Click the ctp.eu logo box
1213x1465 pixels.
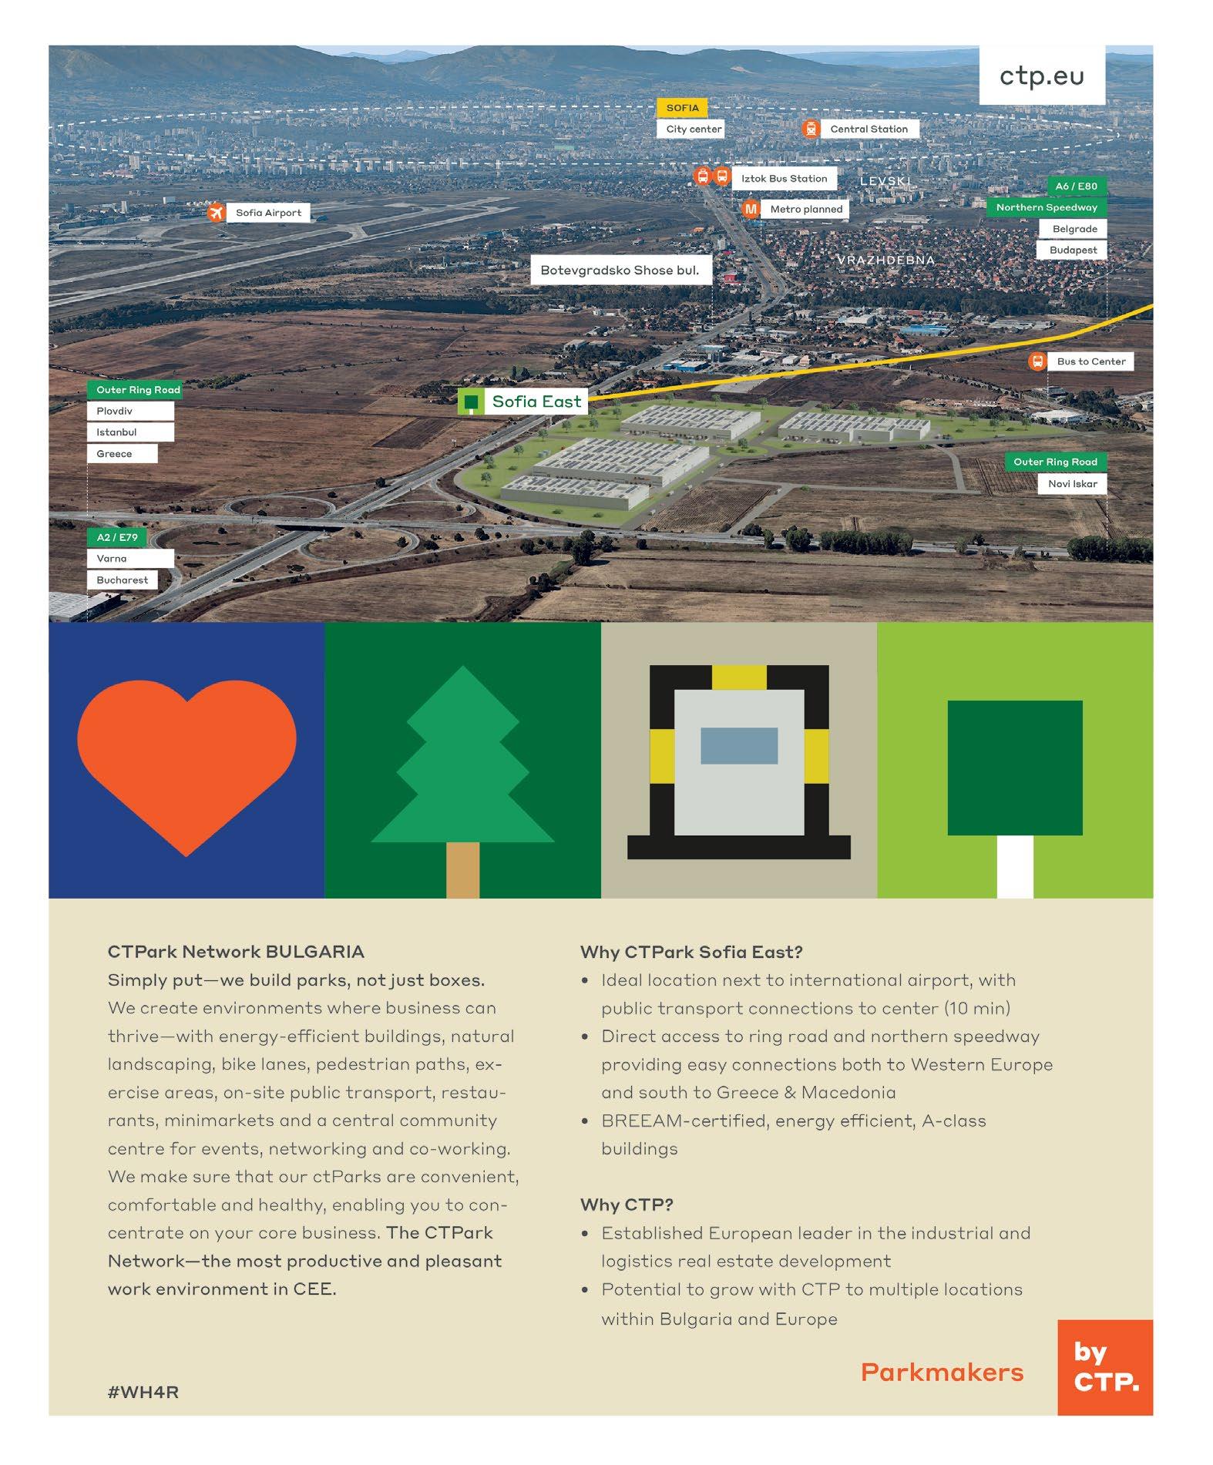pyautogui.click(x=1041, y=76)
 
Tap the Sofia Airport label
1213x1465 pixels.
pyautogui.click(x=268, y=213)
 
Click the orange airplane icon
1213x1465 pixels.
pyautogui.click(x=217, y=213)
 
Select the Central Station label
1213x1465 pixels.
pyautogui.click(x=869, y=129)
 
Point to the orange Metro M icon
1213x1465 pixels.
pyautogui.click(x=750, y=209)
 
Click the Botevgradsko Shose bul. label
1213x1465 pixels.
pyautogui.click(x=620, y=270)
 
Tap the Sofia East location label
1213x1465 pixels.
pyautogui.click(x=536, y=402)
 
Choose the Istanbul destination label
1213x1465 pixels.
pyautogui.click(x=129, y=432)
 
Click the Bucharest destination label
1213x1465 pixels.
pyautogui.click(x=123, y=580)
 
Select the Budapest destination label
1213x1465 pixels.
pyautogui.click(x=1073, y=250)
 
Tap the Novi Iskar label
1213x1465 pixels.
pyautogui.click(x=1072, y=484)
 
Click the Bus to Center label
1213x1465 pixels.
pyautogui.click(x=1090, y=361)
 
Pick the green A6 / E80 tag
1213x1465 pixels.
pyautogui.click(x=1076, y=186)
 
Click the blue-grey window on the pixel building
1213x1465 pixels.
pyautogui.click(x=738, y=745)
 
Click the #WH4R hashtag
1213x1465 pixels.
pyautogui.click(x=143, y=1392)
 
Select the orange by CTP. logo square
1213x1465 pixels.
pyautogui.click(x=1105, y=1367)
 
